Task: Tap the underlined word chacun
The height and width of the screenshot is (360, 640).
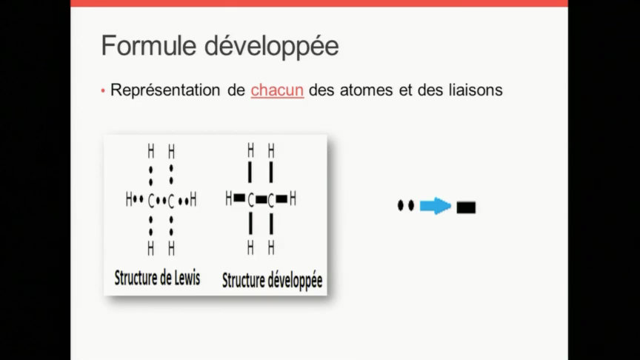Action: (x=277, y=90)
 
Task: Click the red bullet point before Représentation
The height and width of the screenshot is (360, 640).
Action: (x=104, y=91)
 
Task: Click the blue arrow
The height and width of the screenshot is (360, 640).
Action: (x=435, y=207)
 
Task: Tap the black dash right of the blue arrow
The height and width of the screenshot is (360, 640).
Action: (x=466, y=207)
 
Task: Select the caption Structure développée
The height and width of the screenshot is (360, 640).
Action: (x=272, y=281)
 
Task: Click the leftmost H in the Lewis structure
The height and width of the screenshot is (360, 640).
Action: (x=129, y=199)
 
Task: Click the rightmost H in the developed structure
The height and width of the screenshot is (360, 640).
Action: (x=293, y=199)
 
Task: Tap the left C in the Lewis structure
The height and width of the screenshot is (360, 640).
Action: (x=151, y=200)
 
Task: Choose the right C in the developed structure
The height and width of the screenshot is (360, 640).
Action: (x=271, y=199)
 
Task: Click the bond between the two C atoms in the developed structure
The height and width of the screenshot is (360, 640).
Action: (x=261, y=199)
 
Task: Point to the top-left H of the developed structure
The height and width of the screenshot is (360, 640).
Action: (x=251, y=151)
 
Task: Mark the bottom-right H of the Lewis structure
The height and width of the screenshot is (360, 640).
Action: (x=172, y=247)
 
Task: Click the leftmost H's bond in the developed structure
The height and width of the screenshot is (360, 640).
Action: (x=239, y=199)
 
